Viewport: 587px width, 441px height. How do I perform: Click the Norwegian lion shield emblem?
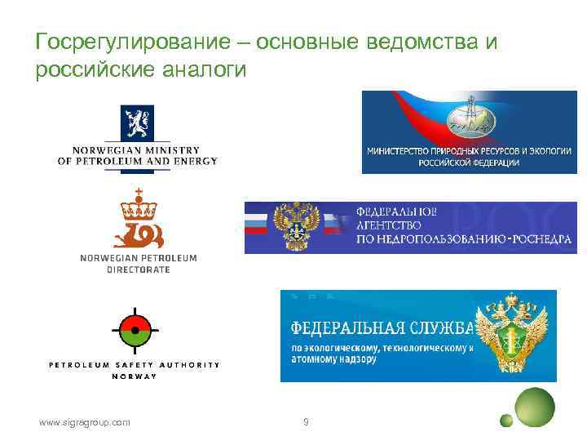click(136, 123)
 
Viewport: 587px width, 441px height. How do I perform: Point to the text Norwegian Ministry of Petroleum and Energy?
click(137, 155)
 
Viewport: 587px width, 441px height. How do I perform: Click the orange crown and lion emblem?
click(137, 219)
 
